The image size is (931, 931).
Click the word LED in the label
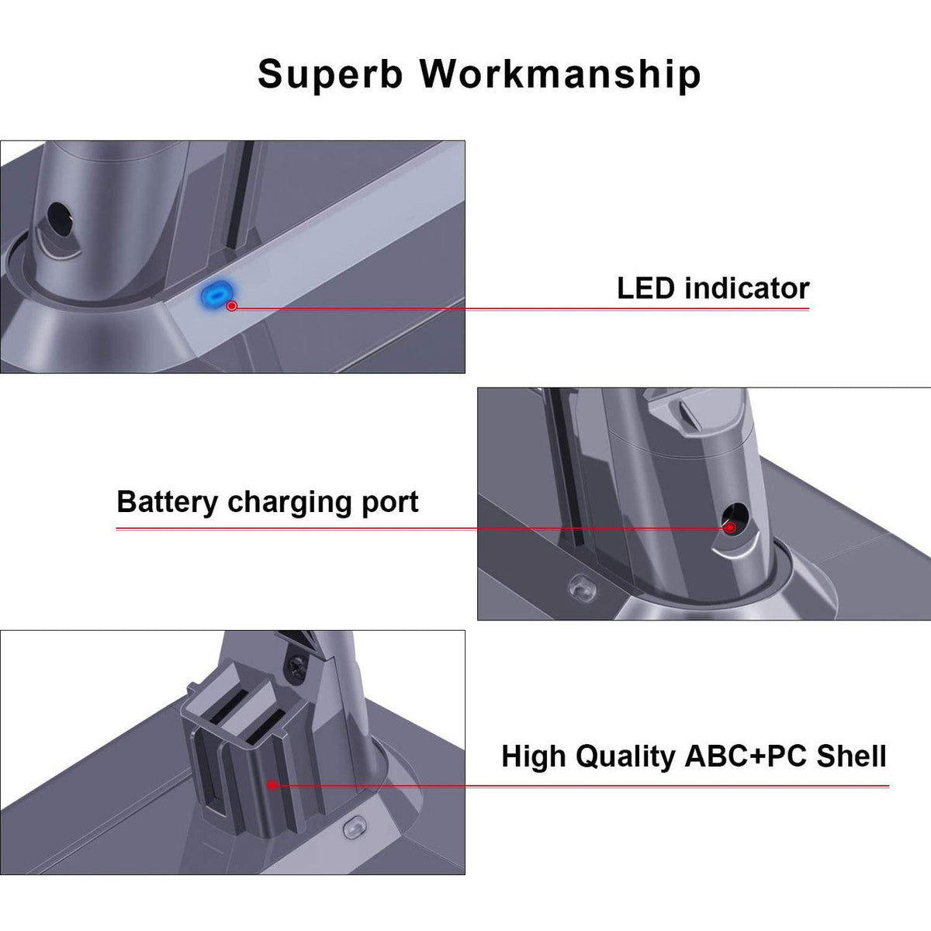point(645,289)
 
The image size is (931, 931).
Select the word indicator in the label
point(747,289)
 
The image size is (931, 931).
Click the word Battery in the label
point(167,502)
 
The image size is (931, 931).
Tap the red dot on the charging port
point(730,527)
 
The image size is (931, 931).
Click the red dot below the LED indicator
point(231,306)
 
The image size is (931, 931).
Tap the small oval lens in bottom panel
point(354,827)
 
